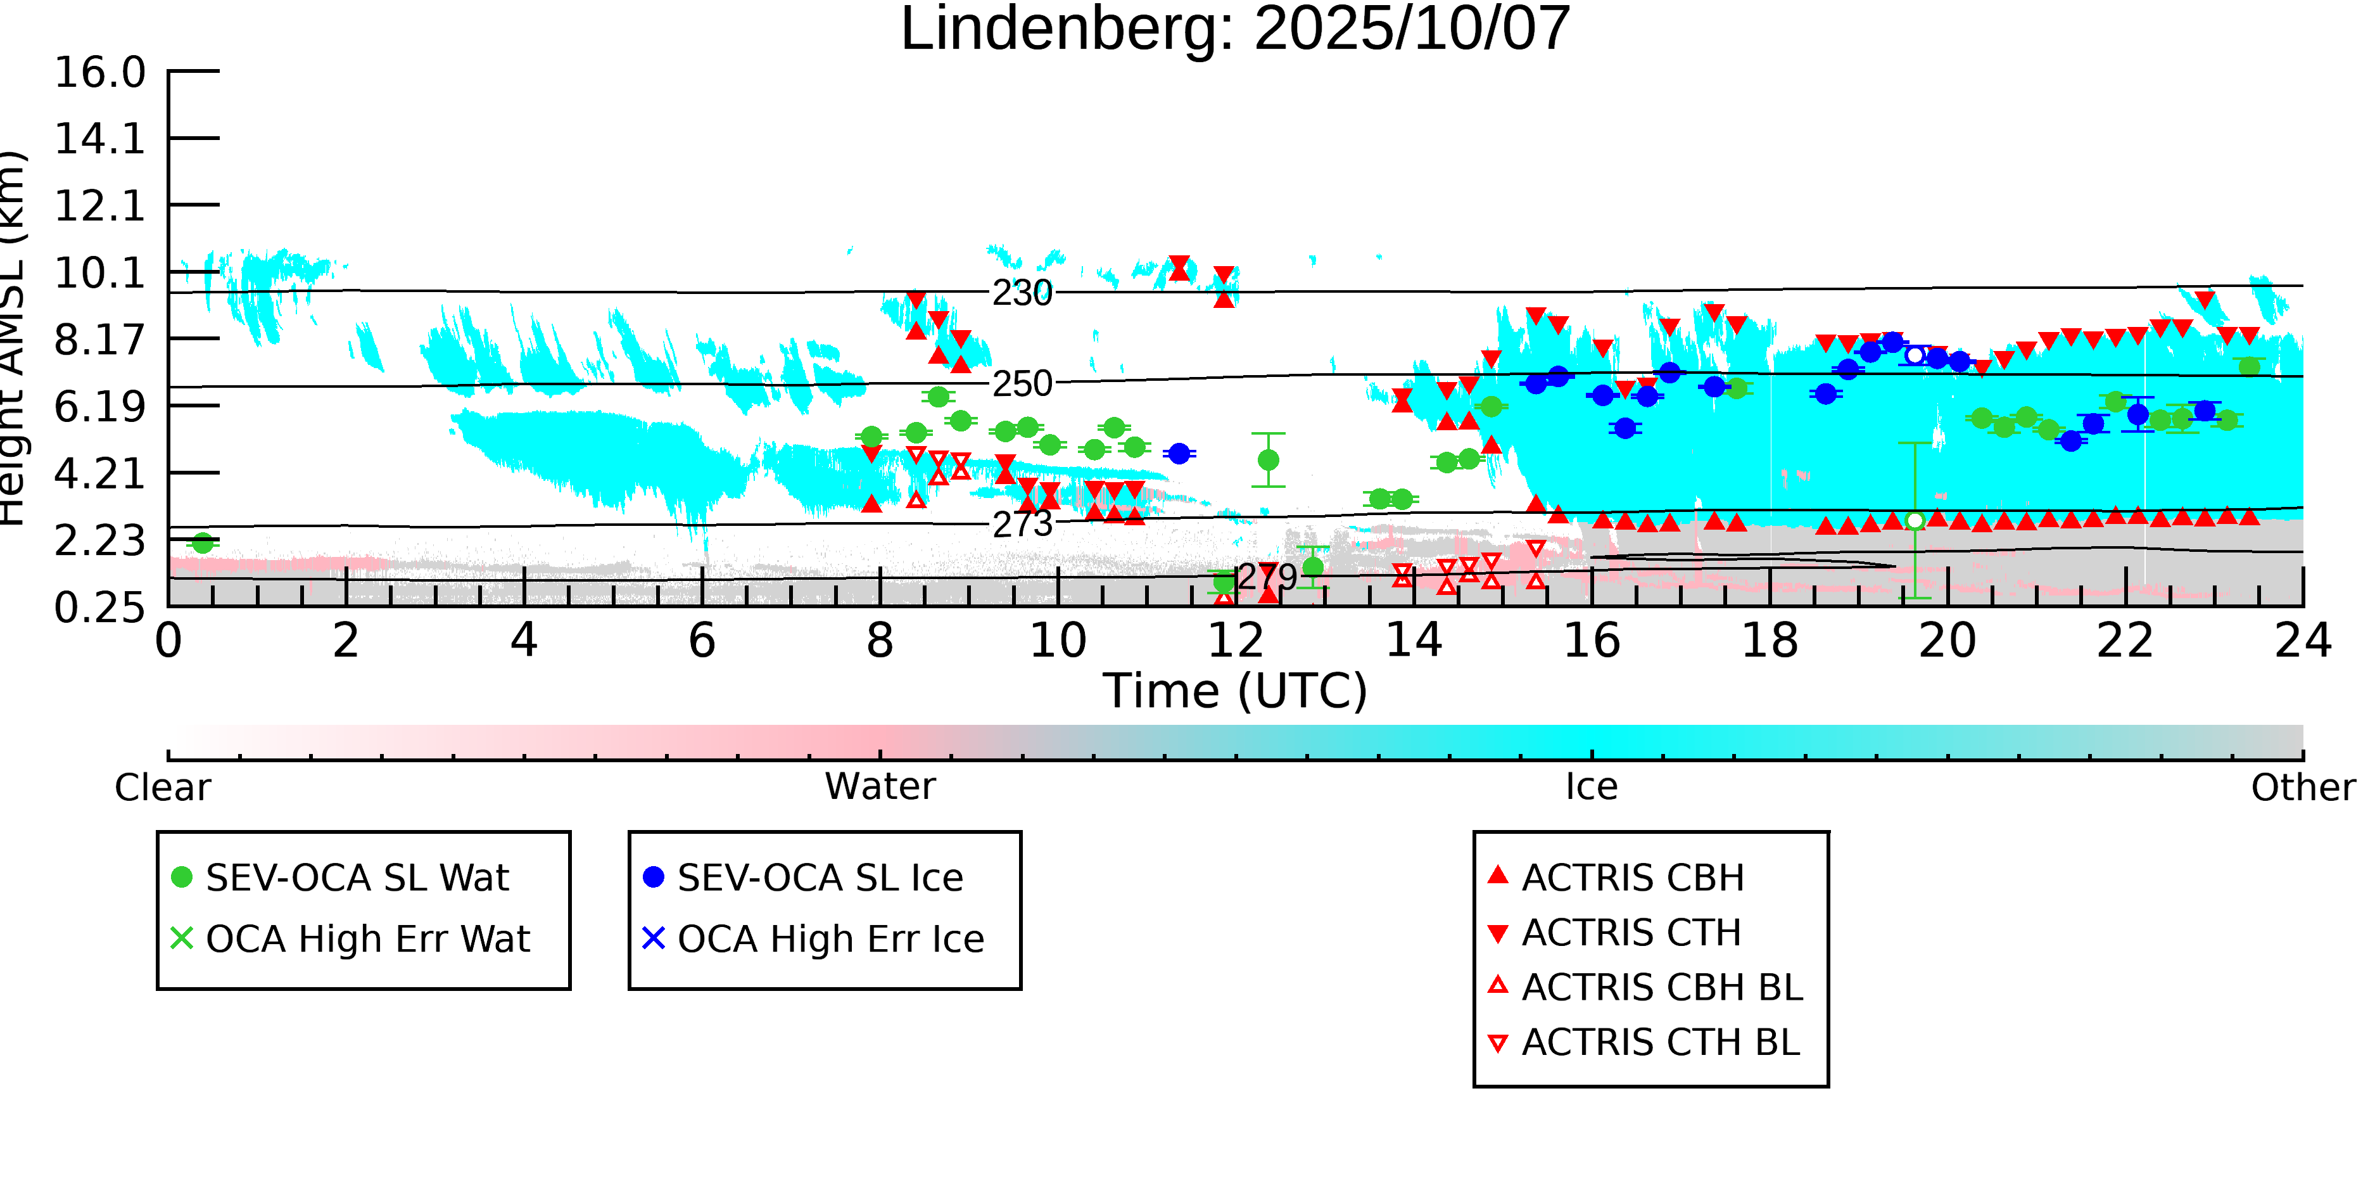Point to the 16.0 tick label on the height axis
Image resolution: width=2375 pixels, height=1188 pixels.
click(99, 73)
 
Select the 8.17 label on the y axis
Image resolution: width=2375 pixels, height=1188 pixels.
click(99, 340)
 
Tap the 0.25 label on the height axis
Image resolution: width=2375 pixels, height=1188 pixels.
click(99, 608)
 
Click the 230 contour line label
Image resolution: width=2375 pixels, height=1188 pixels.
click(1022, 293)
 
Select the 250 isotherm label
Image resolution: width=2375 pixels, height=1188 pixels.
click(1022, 384)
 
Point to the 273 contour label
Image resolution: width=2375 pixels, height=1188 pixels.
click(1022, 525)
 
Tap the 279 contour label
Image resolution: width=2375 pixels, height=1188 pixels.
click(1267, 577)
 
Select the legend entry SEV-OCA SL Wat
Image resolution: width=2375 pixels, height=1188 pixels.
click(357, 877)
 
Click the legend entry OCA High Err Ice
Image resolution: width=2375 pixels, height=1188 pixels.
click(830, 939)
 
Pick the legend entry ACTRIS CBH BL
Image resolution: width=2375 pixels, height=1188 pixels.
click(1661, 987)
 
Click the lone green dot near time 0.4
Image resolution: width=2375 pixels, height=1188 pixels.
click(203, 543)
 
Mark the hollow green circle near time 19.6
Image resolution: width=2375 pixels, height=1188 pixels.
click(1915, 521)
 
